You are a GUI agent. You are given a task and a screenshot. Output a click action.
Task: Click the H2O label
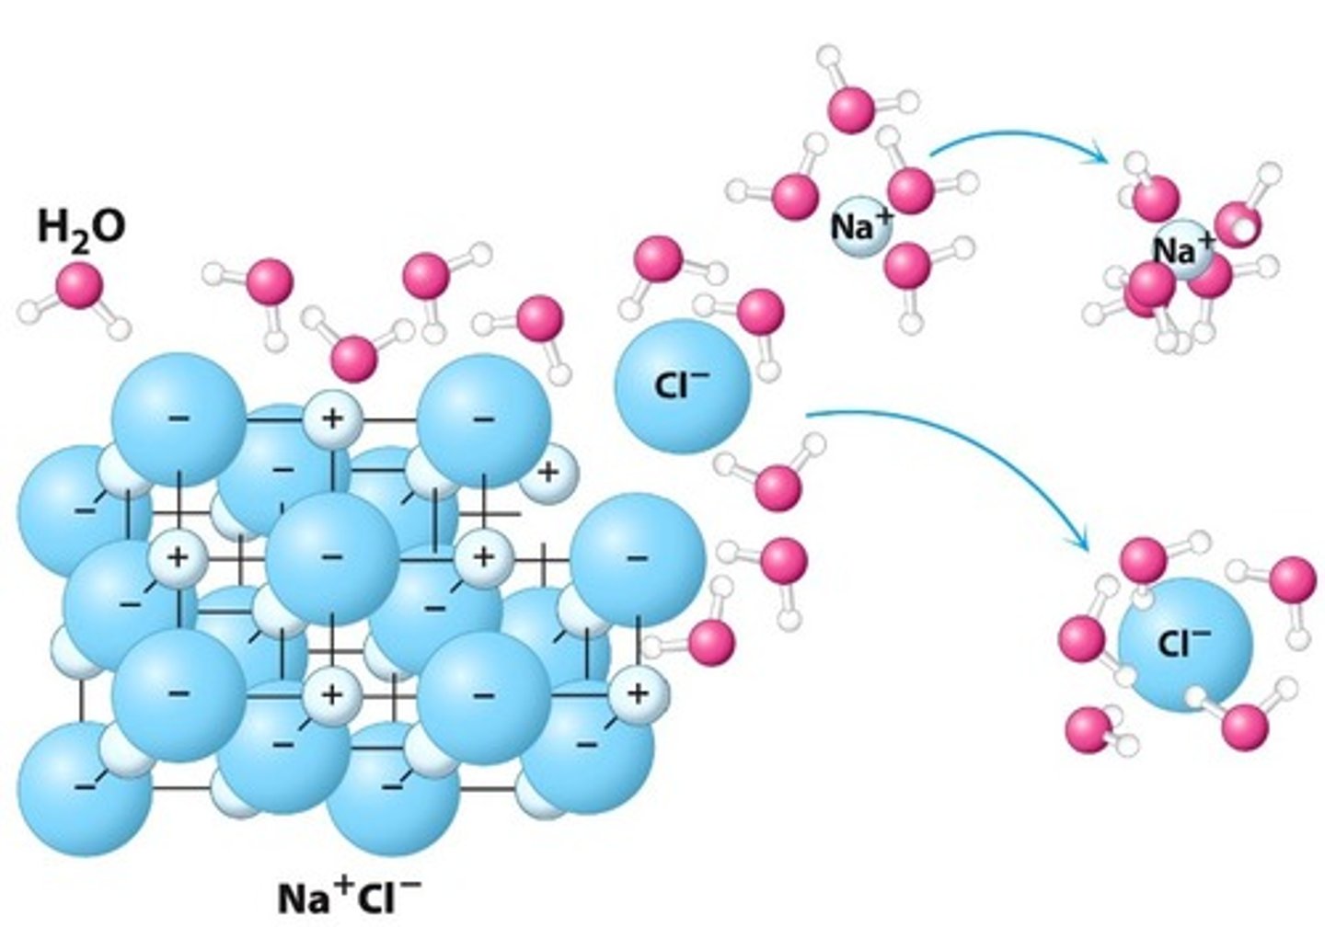81,227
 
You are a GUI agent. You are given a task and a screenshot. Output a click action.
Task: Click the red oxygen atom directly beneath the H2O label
79,285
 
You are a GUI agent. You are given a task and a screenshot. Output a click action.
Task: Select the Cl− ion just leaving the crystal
683,386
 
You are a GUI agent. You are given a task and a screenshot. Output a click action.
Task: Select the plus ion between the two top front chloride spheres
331,419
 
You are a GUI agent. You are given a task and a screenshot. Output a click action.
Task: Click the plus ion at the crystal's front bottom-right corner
637,693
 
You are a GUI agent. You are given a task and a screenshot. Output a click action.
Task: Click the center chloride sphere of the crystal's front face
331,557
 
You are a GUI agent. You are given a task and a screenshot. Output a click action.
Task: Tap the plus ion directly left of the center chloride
178,557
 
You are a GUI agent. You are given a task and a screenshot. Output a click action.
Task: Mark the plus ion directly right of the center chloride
483,557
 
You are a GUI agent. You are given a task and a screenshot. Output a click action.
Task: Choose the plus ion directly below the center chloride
331,693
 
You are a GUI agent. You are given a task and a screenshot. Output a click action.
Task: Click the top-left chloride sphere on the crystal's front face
179,419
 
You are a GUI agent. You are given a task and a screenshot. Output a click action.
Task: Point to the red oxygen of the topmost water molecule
851,108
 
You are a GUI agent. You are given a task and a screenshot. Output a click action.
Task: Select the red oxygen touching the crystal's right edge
711,641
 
